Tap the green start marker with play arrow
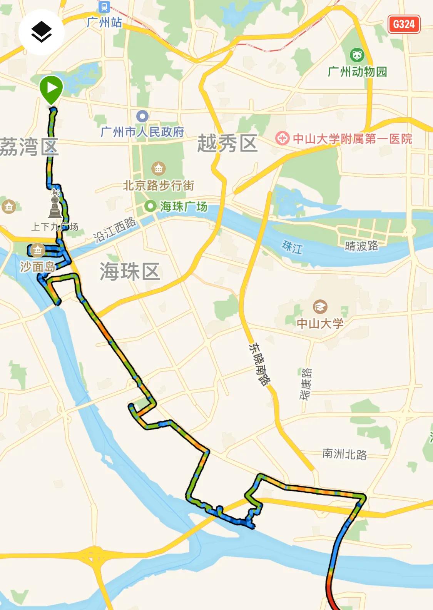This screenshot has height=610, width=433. tap(51, 88)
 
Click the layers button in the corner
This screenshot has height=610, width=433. tap(41, 32)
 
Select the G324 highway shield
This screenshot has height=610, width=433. tap(404, 24)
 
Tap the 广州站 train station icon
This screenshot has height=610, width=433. tap(104, 7)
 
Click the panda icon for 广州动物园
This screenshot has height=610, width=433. tap(357, 55)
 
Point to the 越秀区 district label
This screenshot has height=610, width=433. tap(227, 144)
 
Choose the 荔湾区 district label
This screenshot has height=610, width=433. tap(28, 147)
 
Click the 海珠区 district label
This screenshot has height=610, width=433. tap(130, 271)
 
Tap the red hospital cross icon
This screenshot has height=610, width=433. tap(282, 138)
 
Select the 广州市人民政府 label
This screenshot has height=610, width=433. tap(142, 132)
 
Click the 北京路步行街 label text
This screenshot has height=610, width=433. tap(159, 186)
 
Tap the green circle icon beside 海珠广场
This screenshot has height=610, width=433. tap(150, 206)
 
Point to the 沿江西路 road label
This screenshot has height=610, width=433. tap(115, 230)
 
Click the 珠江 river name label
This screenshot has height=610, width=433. tap(292, 247)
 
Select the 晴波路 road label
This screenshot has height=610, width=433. tap(361, 246)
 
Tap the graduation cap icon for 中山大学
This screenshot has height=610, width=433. tap(320, 307)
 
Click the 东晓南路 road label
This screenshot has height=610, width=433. tap(259, 364)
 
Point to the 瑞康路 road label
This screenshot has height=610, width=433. tap(306, 384)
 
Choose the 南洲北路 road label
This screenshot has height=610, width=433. tap(344, 454)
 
